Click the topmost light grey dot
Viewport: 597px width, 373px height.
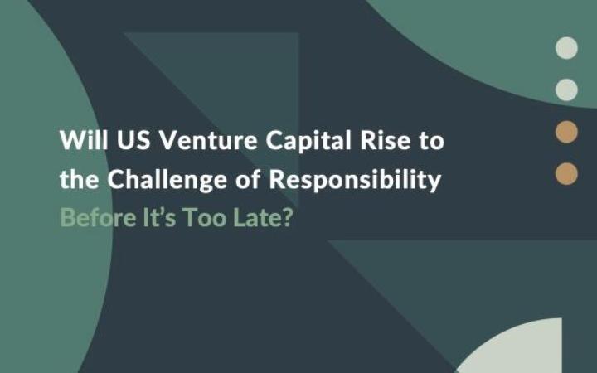pos(566,47)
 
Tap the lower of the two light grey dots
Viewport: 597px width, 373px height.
pos(566,89)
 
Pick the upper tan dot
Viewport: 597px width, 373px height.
pos(566,131)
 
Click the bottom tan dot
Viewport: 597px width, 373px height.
pos(566,172)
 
